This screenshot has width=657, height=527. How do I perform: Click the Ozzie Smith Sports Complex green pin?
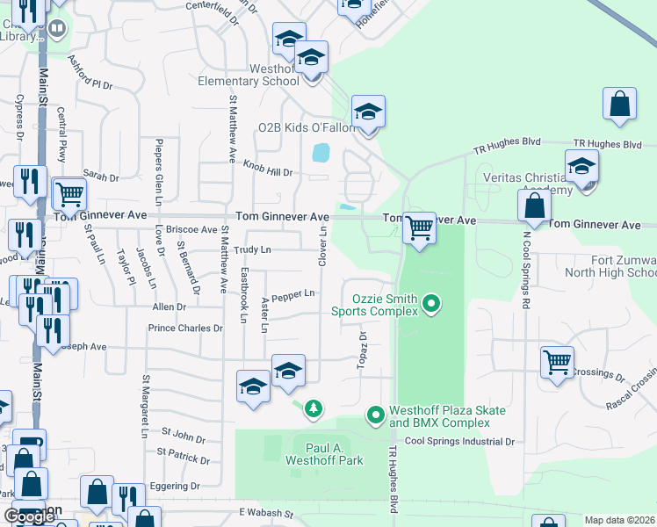(x=430, y=305)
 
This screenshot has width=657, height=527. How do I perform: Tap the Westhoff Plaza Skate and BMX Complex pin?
(x=376, y=413)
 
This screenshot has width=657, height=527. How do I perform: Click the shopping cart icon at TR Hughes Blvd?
(x=420, y=228)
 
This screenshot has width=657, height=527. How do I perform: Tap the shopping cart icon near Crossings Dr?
(x=558, y=362)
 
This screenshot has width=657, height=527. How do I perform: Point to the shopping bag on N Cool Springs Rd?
(x=534, y=208)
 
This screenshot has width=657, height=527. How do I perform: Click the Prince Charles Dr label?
(x=185, y=328)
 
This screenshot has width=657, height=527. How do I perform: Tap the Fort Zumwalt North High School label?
(x=611, y=266)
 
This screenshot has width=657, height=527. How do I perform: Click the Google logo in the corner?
(x=30, y=516)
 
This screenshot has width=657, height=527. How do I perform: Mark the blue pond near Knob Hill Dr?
(x=321, y=153)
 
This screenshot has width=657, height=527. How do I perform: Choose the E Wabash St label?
(x=264, y=511)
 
